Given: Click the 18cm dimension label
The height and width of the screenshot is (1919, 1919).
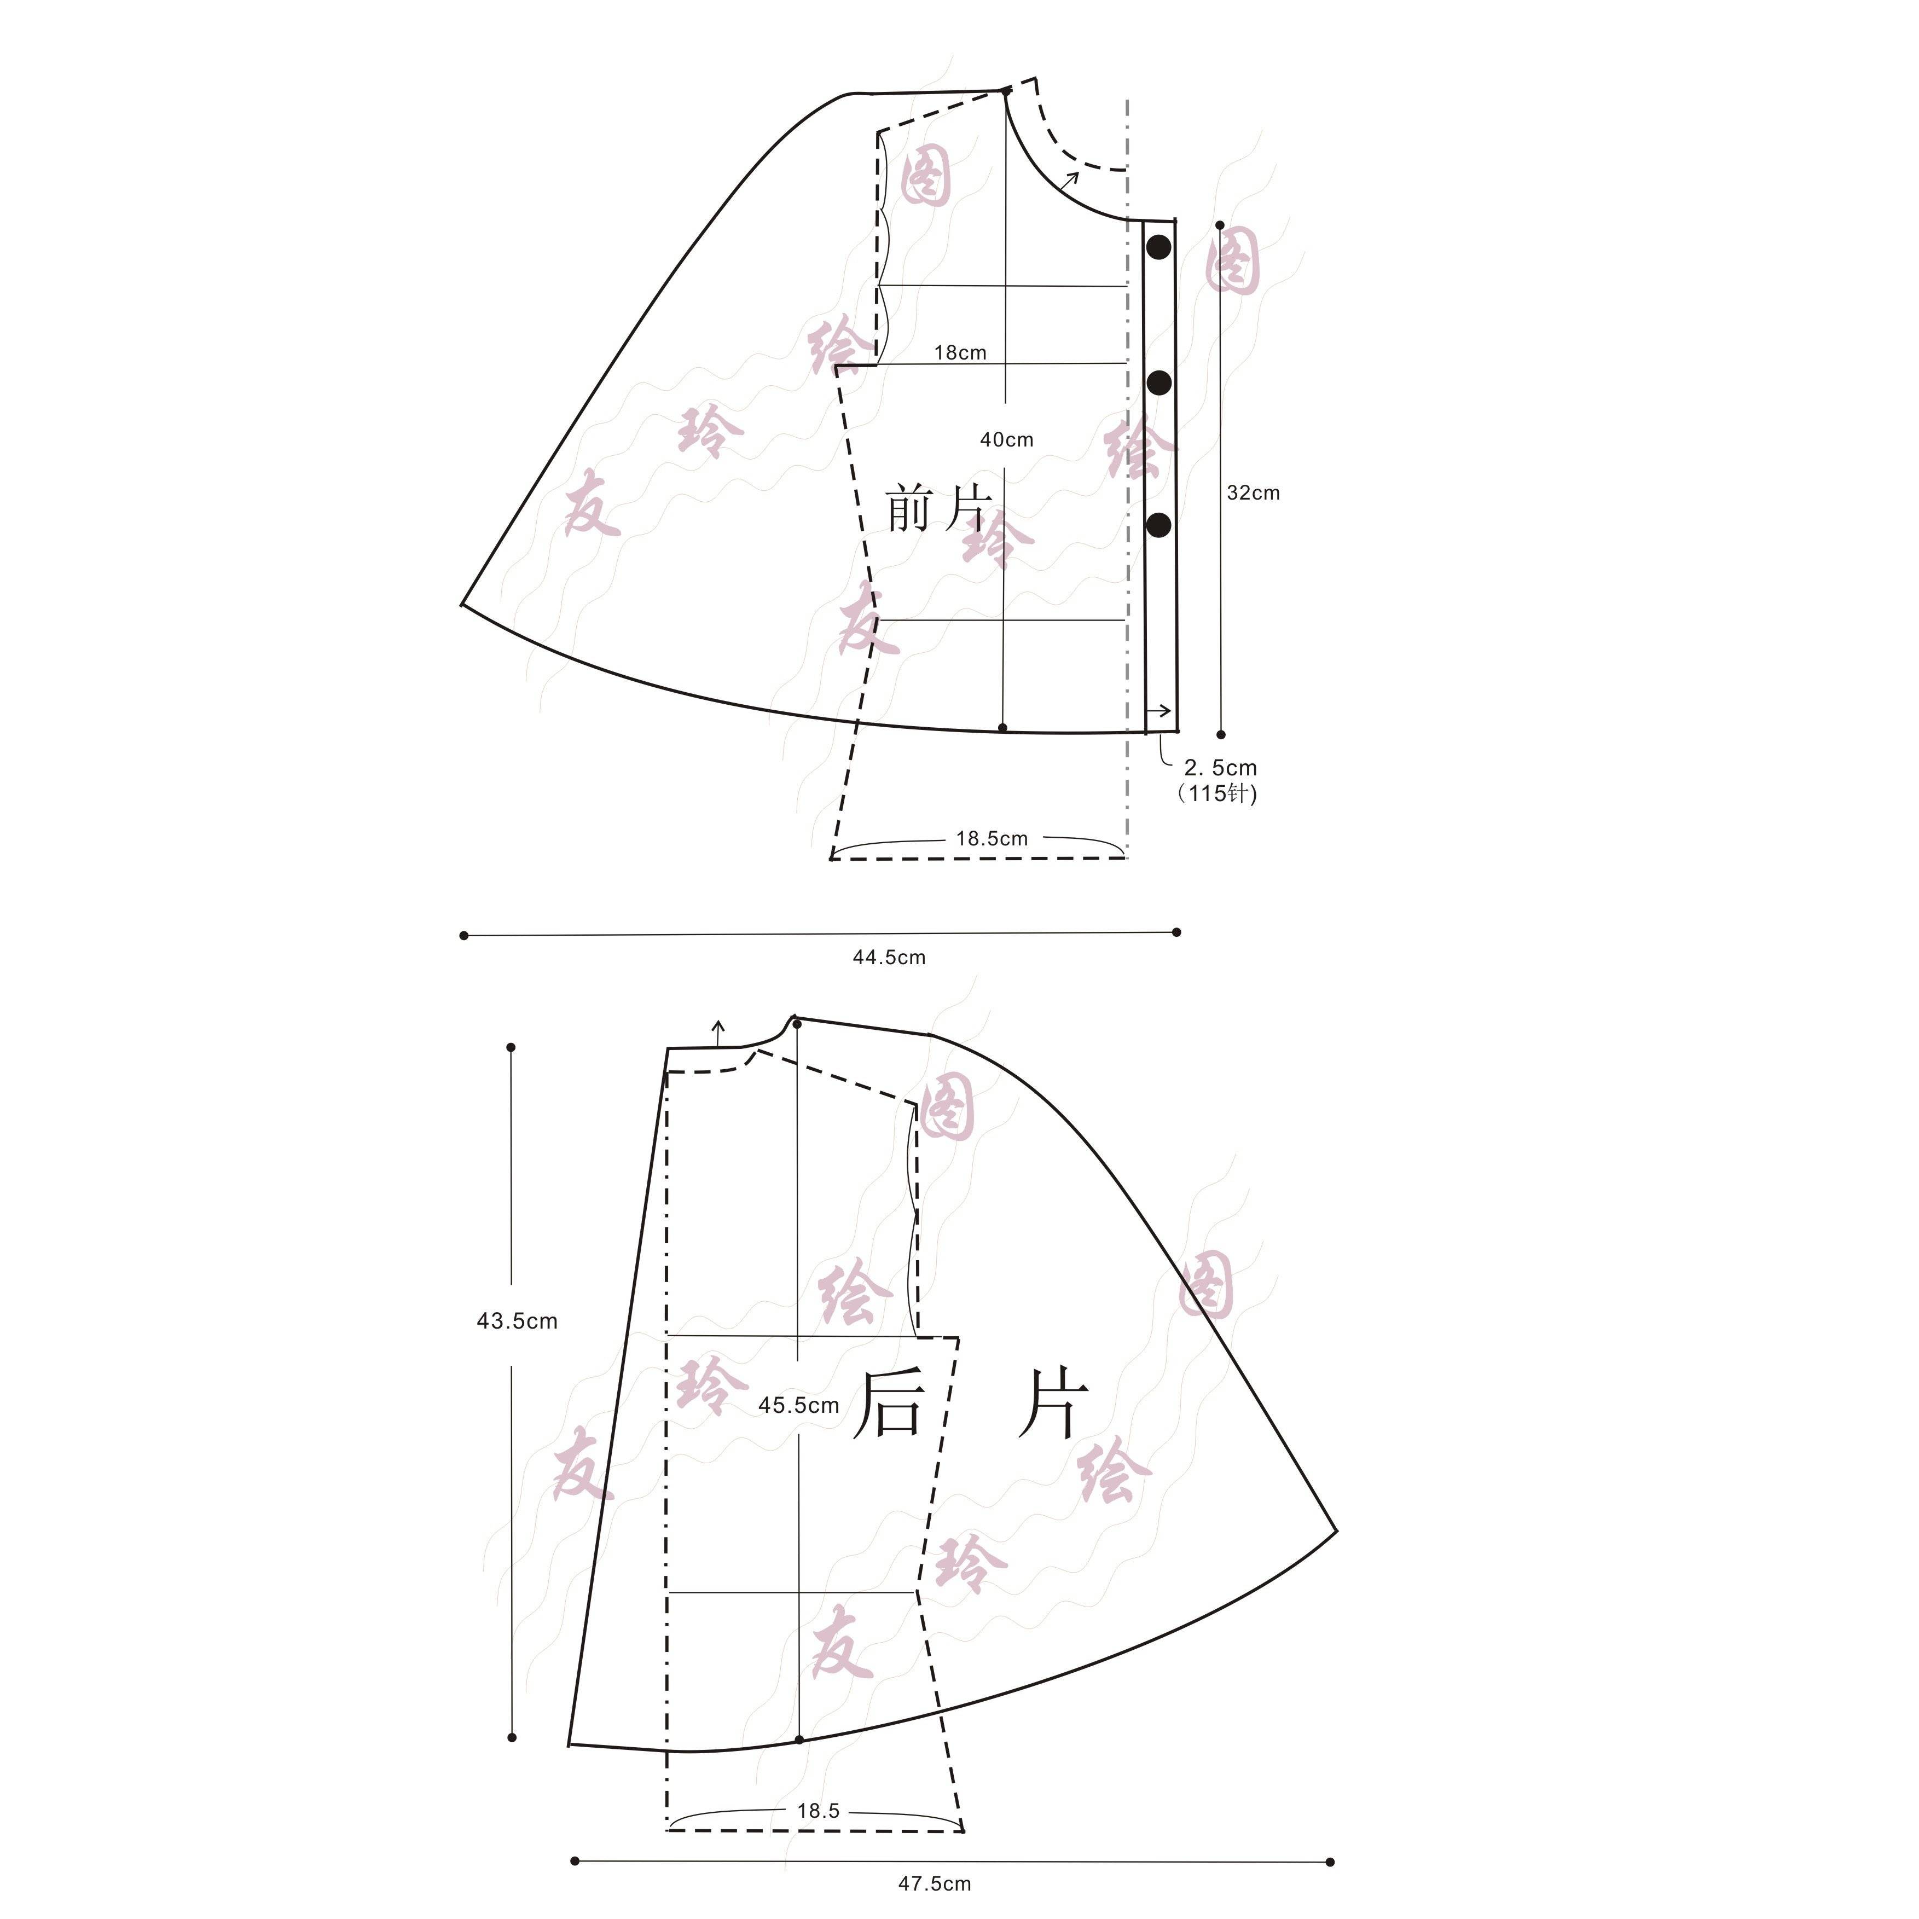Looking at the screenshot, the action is click(960, 352).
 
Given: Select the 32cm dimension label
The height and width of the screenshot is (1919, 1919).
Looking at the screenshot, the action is click(1253, 492).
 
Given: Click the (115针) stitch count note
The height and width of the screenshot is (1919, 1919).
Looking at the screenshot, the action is click(1218, 793).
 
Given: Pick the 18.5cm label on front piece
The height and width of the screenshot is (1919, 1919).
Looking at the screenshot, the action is click(992, 838).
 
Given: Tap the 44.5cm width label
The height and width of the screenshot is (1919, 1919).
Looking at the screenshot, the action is click(889, 958).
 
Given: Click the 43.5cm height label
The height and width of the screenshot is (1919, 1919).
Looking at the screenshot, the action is click(517, 1321).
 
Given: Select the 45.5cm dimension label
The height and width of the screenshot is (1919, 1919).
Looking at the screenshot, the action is click(798, 1406).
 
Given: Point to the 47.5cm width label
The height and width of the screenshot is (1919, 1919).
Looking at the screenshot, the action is click(935, 1884).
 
